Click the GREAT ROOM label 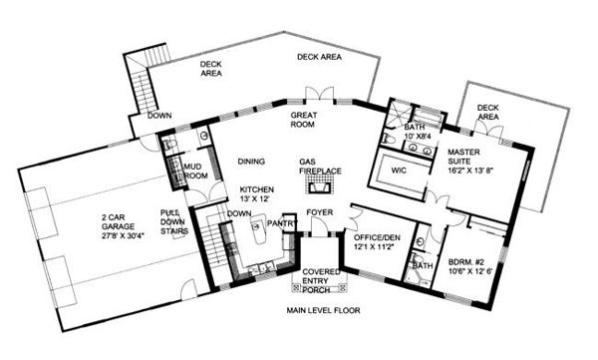coord(305,122)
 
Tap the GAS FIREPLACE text coord(320,166)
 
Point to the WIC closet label coord(398,170)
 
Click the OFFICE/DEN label coord(373,240)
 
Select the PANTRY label coord(282,223)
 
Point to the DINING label coord(251,161)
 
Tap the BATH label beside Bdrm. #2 coord(423,265)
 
